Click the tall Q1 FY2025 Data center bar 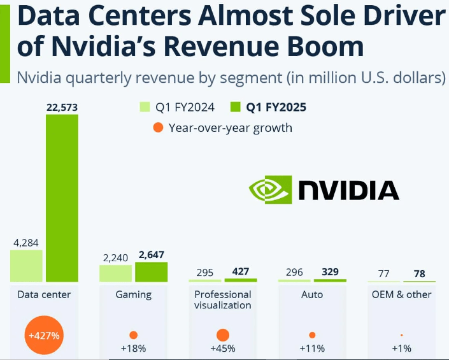point(62,198)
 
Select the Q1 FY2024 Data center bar point(26,266)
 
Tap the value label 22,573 point(62,107)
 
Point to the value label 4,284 point(26,242)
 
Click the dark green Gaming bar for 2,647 point(151,272)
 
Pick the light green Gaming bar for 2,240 point(115,274)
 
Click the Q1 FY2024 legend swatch point(145,106)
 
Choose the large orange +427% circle point(44,335)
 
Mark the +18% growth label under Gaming point(134,349)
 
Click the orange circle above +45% point(223,335)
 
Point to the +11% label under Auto point(312,349)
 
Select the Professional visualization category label point(223,299)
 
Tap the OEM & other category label point(401,294)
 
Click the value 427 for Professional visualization point(240,271)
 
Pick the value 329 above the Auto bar point(329,271)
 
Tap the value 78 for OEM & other point(418,274)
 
